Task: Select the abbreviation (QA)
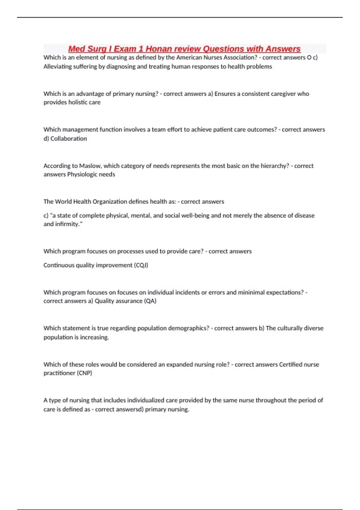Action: tap(150, 301)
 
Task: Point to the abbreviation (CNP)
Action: tap(84, 373)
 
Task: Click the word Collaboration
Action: tap(69, 139)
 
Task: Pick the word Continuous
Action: tap(58, 265)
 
